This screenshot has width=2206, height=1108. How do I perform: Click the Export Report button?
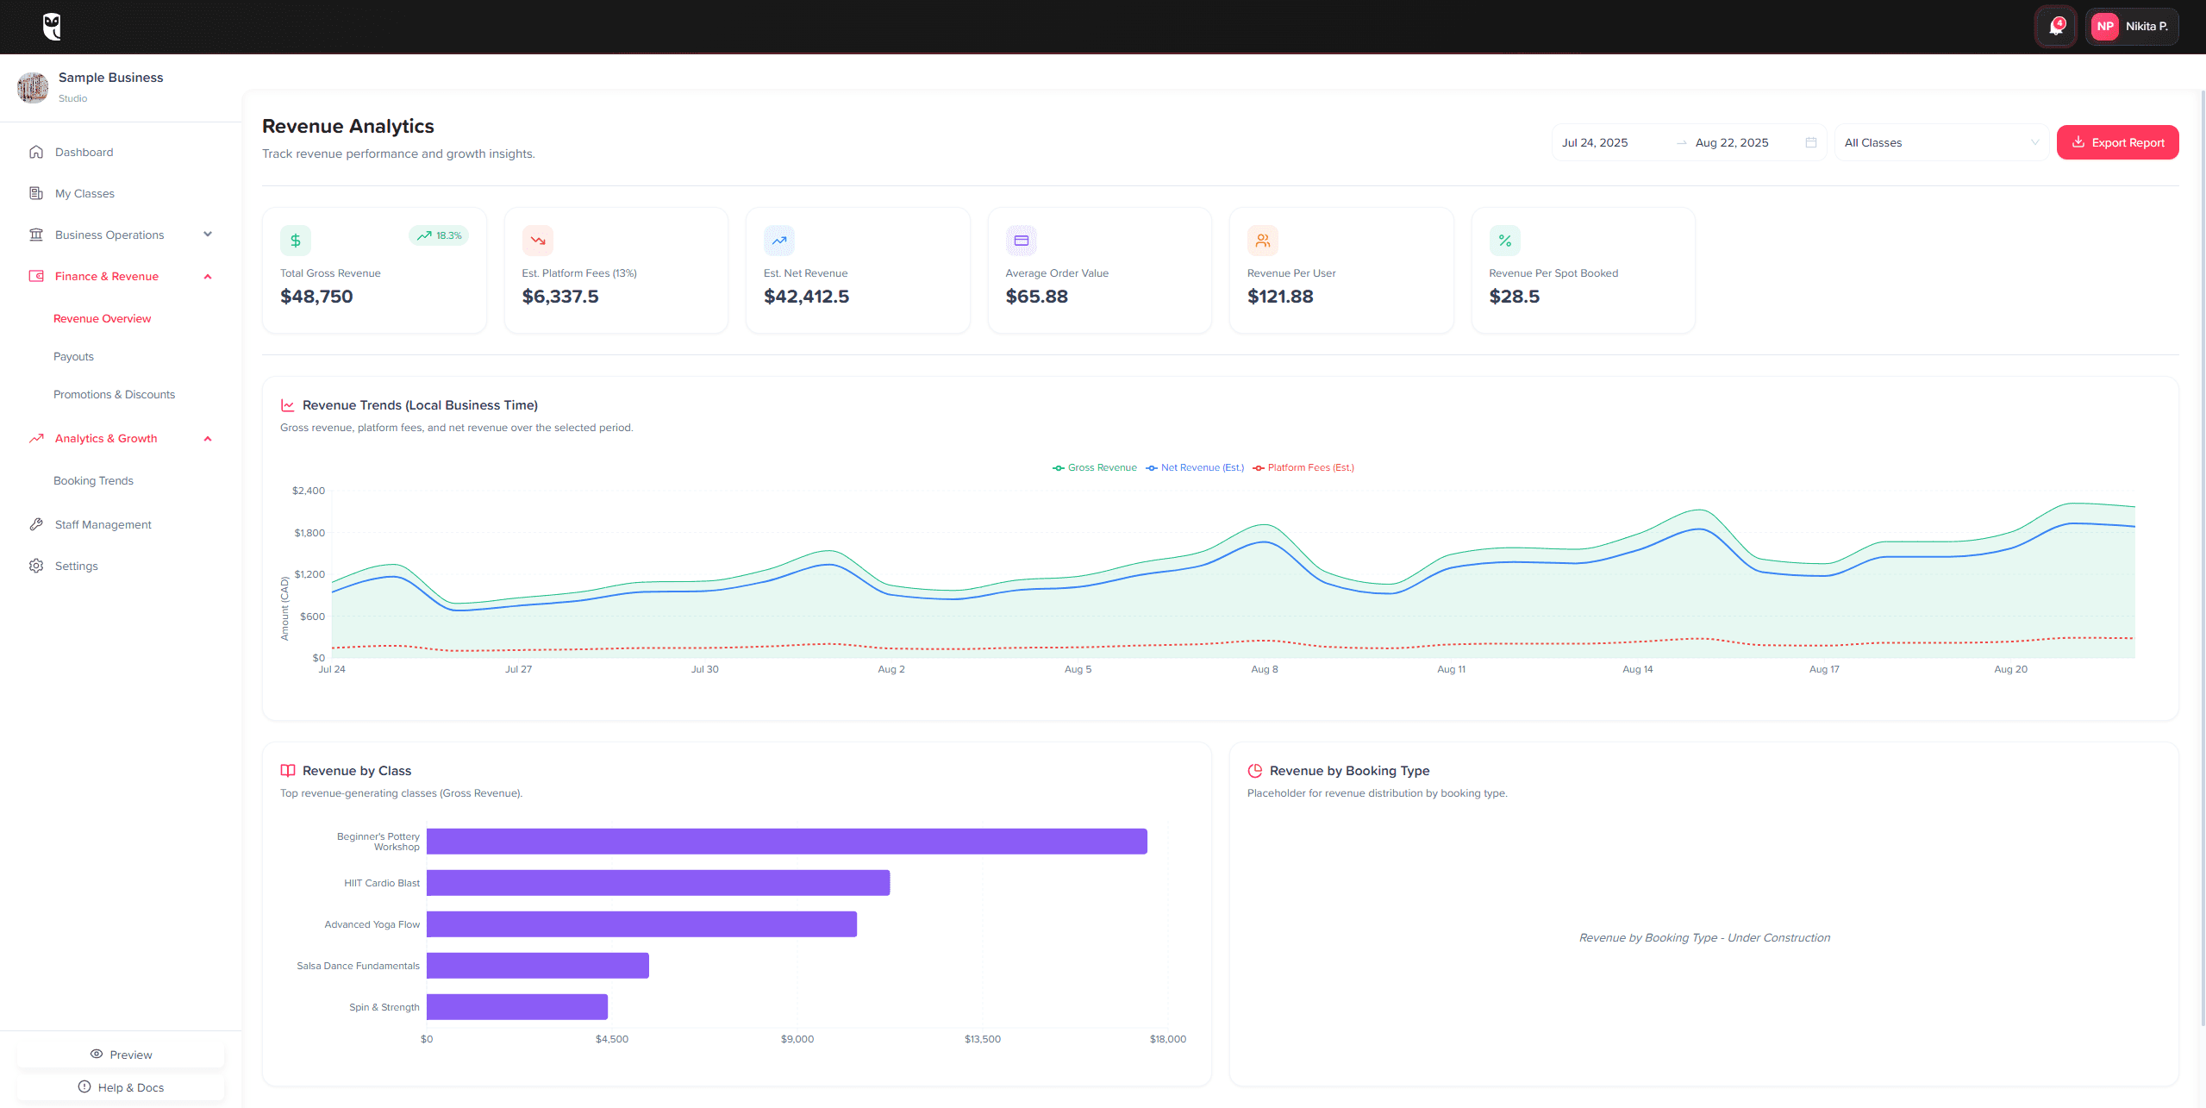click(2117, 142)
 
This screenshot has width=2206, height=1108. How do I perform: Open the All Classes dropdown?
click(1940, 142)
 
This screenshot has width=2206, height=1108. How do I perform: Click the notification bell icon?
click(2056, 26)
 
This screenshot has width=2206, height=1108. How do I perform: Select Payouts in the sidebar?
click(73, 356)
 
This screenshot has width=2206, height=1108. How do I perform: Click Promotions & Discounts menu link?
click(114, 394)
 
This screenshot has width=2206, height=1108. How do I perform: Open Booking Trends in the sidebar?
click(93, 480)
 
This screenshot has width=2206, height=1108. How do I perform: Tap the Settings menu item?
click(76, 566)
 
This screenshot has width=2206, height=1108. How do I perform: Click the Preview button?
click(121, 1055)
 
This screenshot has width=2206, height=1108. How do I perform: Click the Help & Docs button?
click(121, 1087)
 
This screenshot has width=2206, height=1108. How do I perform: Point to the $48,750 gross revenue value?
click(316, 297)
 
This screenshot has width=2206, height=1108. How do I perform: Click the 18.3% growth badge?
click(439, 235)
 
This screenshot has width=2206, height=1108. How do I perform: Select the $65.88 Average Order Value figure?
click(1036, 297)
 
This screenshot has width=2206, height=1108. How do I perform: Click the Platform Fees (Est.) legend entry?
click(1303, 467)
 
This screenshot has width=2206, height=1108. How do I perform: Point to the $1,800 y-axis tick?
click(309, 533)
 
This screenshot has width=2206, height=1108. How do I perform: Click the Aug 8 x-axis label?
click(1264, 669)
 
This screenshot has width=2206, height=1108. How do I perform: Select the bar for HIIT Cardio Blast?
click(658, 883)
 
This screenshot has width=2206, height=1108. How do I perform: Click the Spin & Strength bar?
click(517, 1007)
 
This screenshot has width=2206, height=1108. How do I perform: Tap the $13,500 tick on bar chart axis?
click(982, 1039)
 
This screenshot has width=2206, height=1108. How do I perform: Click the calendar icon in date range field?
click(1810, 142)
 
